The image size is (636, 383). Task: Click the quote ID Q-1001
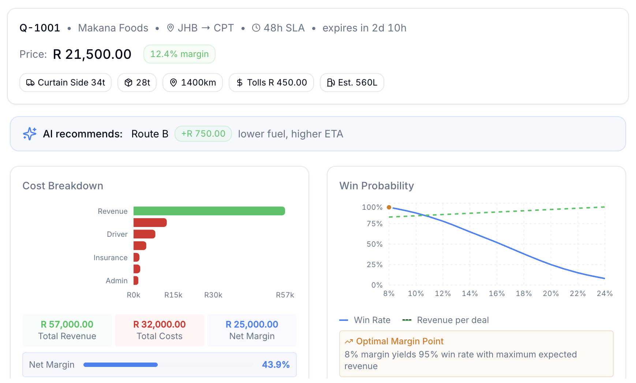[40, 28]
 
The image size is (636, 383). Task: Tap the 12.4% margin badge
[179, 54]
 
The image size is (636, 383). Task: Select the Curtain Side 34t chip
[66, 83]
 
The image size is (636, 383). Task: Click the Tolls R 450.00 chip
[271, 83]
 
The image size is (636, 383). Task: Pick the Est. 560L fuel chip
[352, 83]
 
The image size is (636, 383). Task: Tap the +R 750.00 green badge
[203, 134]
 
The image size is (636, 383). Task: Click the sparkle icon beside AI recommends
[30, 134]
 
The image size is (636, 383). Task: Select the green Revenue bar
[209, 211]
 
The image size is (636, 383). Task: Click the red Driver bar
[144, 234]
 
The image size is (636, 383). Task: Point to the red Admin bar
[136, 281]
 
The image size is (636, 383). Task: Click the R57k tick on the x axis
[285, 295]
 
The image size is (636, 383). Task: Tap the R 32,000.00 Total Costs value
[159, 324]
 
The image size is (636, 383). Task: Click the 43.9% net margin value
[276, 365]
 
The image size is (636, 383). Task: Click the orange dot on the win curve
[389, 207]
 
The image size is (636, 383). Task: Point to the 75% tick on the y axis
[374, 224]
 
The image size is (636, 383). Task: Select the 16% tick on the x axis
[497, 293]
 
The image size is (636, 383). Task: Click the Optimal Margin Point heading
[399, 341]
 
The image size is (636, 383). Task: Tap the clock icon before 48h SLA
[256, 28]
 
